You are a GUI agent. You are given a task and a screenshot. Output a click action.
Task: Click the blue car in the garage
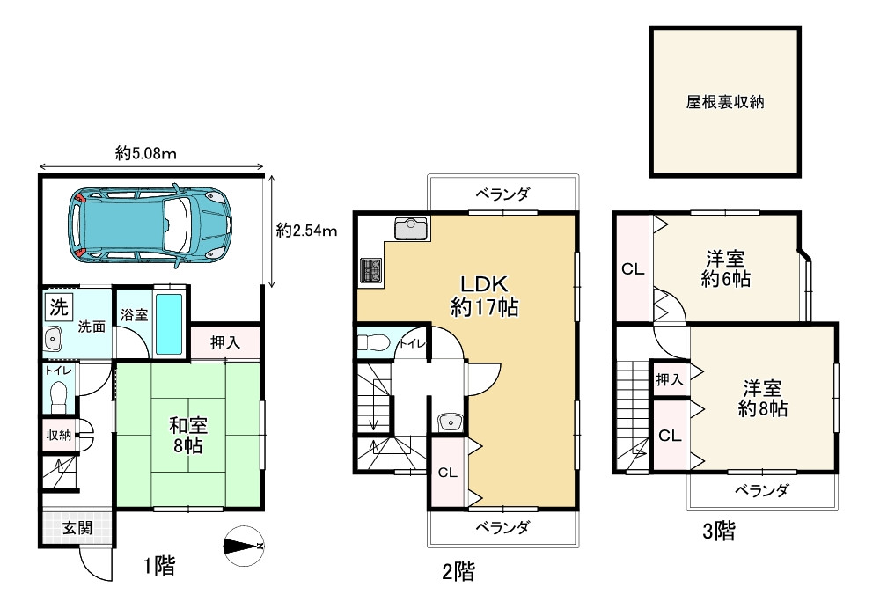click(x=152, y=224)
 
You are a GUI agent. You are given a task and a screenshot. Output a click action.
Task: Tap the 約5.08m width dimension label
click(x=147, y=154)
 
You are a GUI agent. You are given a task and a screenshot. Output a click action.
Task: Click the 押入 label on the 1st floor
click(x=225, y=341)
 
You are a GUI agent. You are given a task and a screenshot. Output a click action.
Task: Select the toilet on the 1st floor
click(x=58, y=396)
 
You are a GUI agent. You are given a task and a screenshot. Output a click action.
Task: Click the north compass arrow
click(x=243, y=547)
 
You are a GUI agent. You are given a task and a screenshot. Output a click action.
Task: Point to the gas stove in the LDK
click(x=370, y=271)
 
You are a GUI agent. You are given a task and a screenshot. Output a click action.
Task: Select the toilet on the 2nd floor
click(x=373, y=341)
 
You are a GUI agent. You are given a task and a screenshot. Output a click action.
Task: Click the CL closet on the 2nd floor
click(x=447, y=473)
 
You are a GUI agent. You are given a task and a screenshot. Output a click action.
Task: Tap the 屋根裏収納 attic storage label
click(x=724, y=102)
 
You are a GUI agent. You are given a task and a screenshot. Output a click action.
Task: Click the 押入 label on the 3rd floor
click(x=669, y=379)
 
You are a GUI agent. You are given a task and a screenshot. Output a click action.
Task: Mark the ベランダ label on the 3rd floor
click(x=760, y=490)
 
